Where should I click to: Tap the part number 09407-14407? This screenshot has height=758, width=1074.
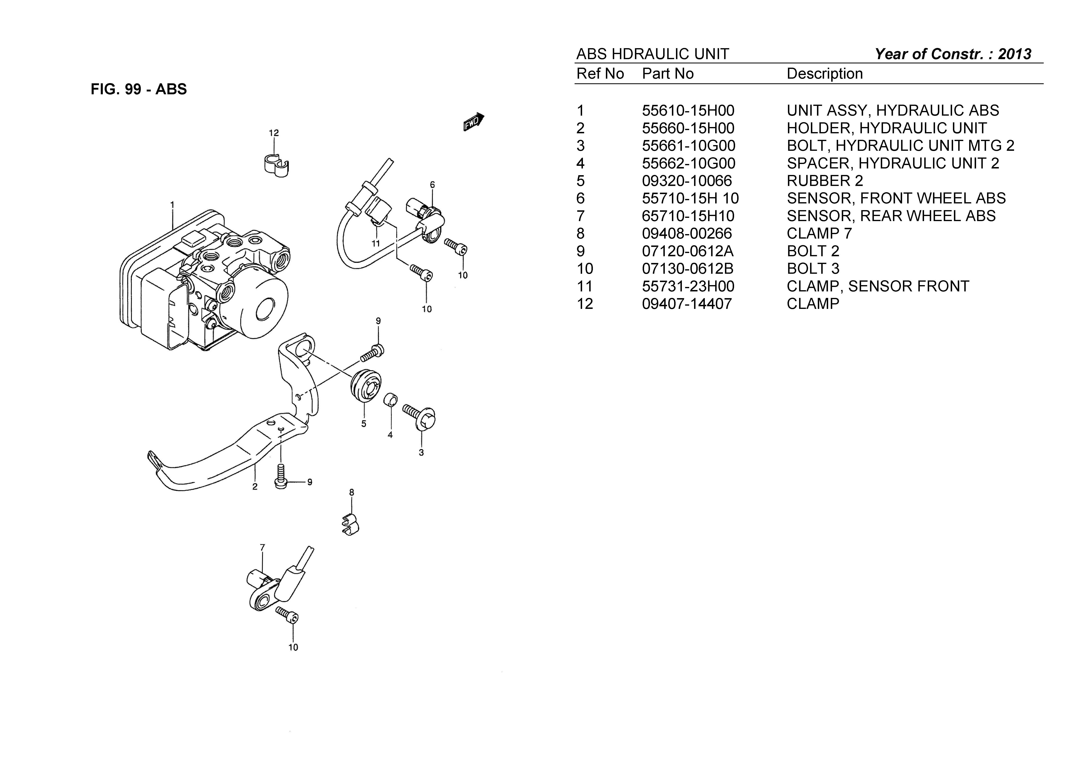click(x=686, y=304)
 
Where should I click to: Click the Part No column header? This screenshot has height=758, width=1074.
click(x=667, y=74)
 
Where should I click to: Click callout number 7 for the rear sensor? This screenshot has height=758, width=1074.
click(x=263, y=547)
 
